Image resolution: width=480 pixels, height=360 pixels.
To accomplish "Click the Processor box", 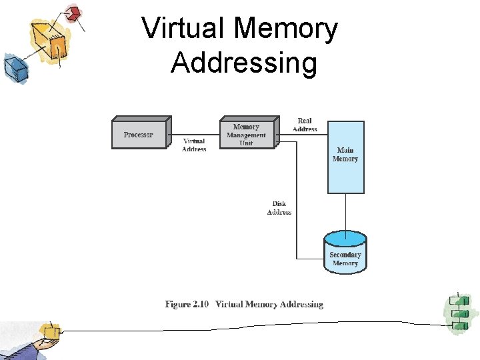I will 139,133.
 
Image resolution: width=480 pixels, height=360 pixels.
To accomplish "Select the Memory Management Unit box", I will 247,133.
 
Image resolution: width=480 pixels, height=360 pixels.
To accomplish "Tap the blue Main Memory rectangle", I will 345,157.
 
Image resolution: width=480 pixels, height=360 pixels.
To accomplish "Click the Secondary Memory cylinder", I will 345,254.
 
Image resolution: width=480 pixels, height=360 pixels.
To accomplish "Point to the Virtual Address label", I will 194,145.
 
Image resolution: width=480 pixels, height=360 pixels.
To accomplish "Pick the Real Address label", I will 305,125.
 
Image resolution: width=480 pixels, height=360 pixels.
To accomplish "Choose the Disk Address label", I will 279,208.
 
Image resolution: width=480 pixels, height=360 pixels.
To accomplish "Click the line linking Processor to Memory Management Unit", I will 195,135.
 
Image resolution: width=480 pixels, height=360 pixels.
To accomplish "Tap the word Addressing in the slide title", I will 243,63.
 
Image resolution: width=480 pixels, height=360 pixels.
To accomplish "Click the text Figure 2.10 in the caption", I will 187,305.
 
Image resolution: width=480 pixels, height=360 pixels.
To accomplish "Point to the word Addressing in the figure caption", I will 301,305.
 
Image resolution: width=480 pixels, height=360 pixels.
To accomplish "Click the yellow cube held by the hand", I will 51,331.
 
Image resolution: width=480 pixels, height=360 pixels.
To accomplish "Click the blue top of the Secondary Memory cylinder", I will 345,238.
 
